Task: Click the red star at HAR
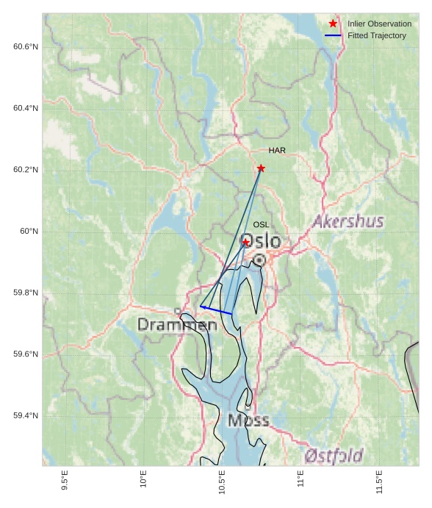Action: point(261,168)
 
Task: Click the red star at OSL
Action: point(245,243)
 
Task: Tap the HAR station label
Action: point(277,151)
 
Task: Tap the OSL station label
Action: point(261,225)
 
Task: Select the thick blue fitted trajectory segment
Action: point(216,310)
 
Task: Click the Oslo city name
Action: point(261,241)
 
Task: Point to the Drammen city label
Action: point(177,324)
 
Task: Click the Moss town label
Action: point(248,421)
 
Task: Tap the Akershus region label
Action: point(348,221)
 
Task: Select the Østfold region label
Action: point(334,456)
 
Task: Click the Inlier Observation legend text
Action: point(379,24)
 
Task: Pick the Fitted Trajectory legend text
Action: point(377,35)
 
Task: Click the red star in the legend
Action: point(333,24)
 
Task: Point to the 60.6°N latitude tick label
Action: point(26,47)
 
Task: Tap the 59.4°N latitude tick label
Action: point(26,416)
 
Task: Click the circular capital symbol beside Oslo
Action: point(259,260)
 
